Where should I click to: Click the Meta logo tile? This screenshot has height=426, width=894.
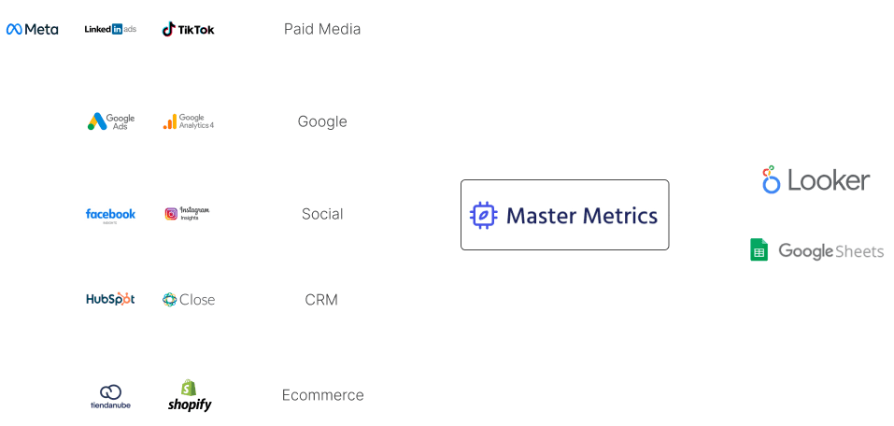(32, 29)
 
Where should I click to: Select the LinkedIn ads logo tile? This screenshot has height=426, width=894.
(110, 29)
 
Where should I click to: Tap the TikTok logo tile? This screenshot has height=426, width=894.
(188, 29)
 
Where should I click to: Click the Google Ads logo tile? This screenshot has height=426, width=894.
(110, 121)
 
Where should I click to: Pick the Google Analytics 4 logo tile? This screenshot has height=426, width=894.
(188, 121)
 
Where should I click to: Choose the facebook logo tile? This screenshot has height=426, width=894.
(110, 214)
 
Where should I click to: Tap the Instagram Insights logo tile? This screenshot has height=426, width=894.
(188, 214)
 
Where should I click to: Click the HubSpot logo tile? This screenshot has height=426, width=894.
(110, 299)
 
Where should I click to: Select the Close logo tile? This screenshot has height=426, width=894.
(188, 299)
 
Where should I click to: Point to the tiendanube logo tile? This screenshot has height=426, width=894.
(110, 395)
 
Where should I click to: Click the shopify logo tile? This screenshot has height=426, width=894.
(188, 395)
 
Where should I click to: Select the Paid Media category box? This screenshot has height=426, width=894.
(322, 29)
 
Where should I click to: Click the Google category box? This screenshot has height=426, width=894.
(322, 121)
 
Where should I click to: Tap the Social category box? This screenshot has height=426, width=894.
(322, 214)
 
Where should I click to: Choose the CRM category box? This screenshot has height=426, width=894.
(322, 299)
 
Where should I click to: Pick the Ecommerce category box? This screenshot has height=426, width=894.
(322, 395)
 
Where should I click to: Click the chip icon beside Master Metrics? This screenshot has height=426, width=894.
(483, 216)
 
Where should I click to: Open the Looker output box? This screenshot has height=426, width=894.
(816, 180)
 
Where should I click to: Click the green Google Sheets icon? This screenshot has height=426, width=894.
(759, 250)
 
